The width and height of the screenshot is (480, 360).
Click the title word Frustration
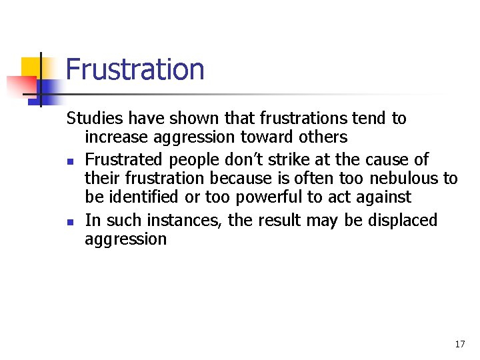point(135,69)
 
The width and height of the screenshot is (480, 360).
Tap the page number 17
point(459,344)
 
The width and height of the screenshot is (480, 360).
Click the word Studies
point(94,119)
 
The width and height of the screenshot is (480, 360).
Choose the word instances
point(183,221)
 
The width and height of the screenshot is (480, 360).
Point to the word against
point(386,198)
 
